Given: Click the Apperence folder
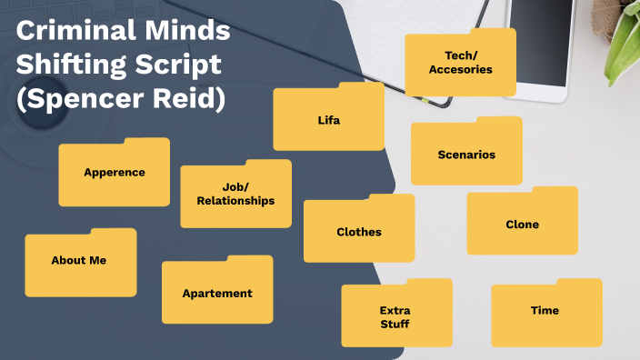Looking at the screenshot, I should [115, 173].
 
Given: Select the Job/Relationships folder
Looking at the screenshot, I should [235, 195].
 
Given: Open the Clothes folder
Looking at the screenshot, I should [359, 232].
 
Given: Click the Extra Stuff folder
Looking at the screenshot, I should [395, 317].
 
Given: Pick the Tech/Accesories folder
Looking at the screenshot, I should [462, 63].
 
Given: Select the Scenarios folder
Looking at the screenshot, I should [466, 155].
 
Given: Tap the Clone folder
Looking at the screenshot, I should [522, 225].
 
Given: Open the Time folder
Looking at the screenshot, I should [545, 311].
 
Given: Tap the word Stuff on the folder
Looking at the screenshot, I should [395, 325].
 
